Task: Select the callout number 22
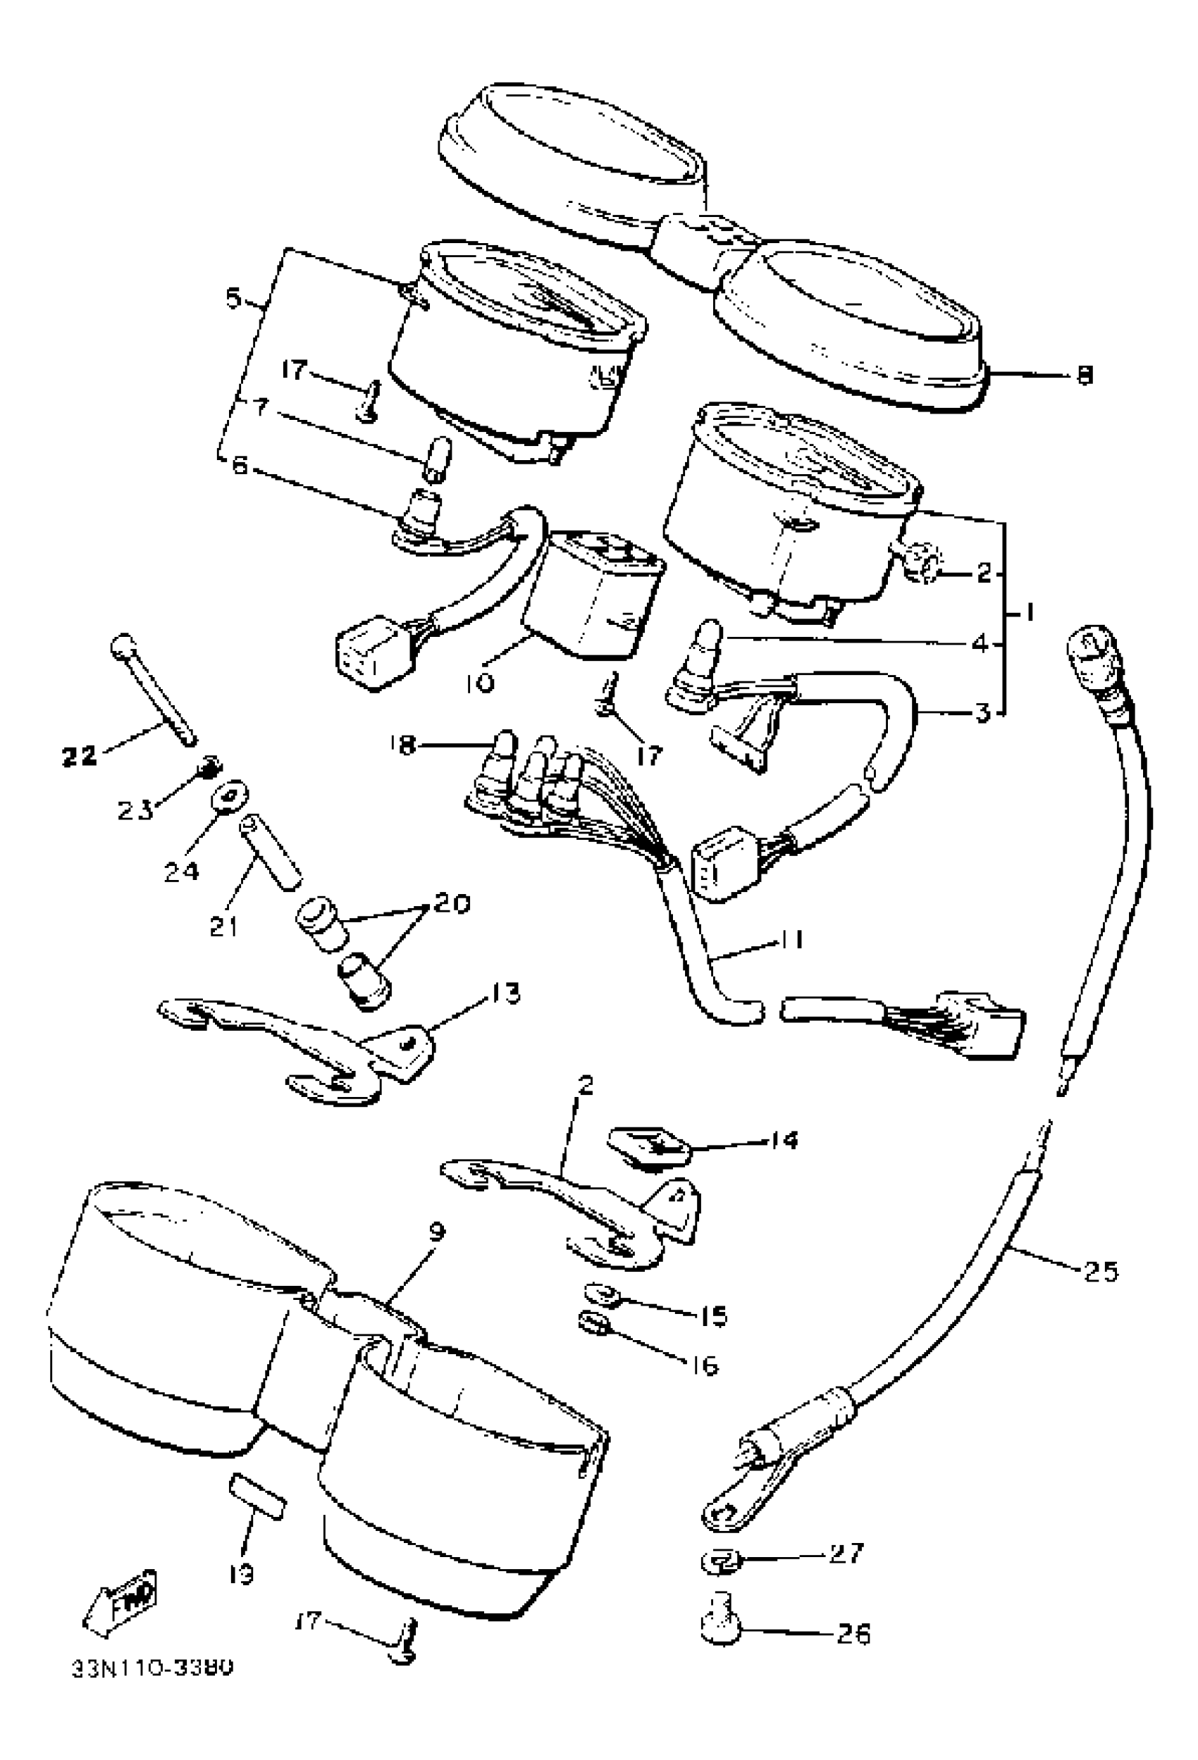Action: click(x=79, y=755)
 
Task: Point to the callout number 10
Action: click(x=479, y=682)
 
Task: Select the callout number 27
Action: click(x=846, y=1554)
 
